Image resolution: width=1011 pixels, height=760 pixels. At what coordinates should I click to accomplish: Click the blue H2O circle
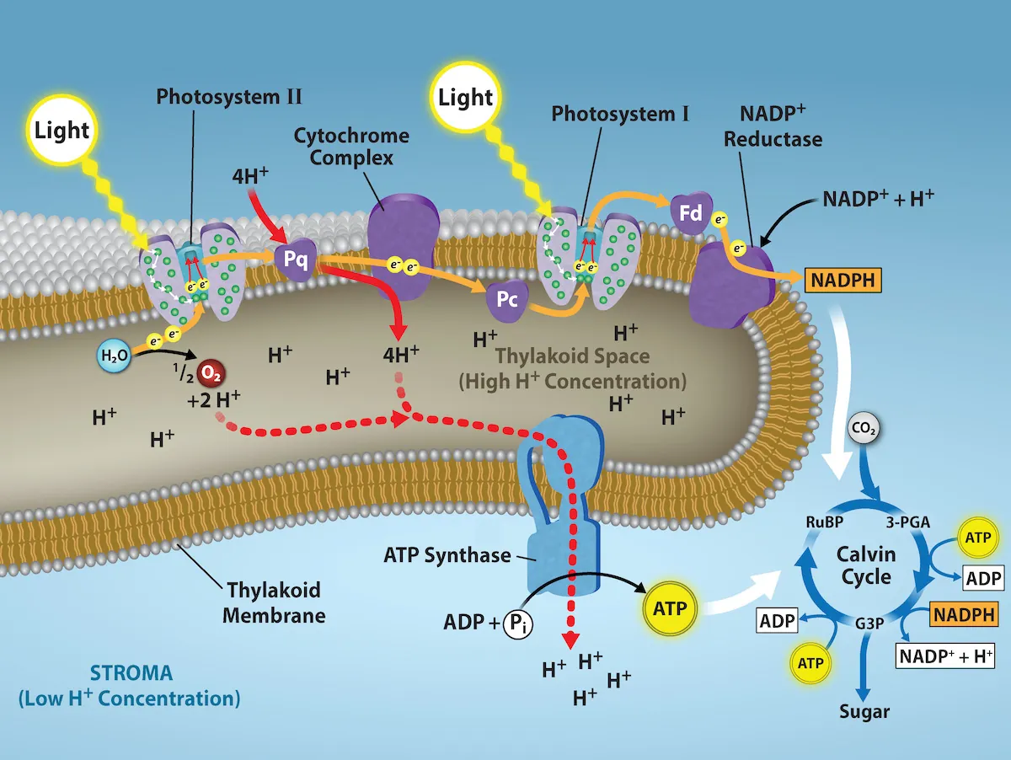(x=113, y=355)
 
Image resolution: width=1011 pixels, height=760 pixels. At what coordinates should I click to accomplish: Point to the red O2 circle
(x=209, y=372)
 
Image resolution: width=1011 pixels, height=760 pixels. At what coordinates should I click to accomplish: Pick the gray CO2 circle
(x=865, y=430)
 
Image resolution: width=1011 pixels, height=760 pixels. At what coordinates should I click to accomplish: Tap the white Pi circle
(x=517, y=624)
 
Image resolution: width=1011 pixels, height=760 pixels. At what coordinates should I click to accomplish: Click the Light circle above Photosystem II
(x=62, y=131)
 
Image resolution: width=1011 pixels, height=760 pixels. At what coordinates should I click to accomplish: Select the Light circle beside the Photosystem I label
(x=466, y=98)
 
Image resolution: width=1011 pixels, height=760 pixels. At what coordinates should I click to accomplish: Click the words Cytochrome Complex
(x=351, y=147)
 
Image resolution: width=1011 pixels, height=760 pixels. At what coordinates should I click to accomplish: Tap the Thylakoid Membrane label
(x=274, y=602)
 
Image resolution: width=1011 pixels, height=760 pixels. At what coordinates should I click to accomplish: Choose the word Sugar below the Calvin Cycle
(x=864, y=711)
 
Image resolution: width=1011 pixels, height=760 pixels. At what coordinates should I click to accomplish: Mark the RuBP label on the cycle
(x=822, y=522)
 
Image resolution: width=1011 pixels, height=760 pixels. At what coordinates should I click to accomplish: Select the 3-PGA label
(x=907, y=522)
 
